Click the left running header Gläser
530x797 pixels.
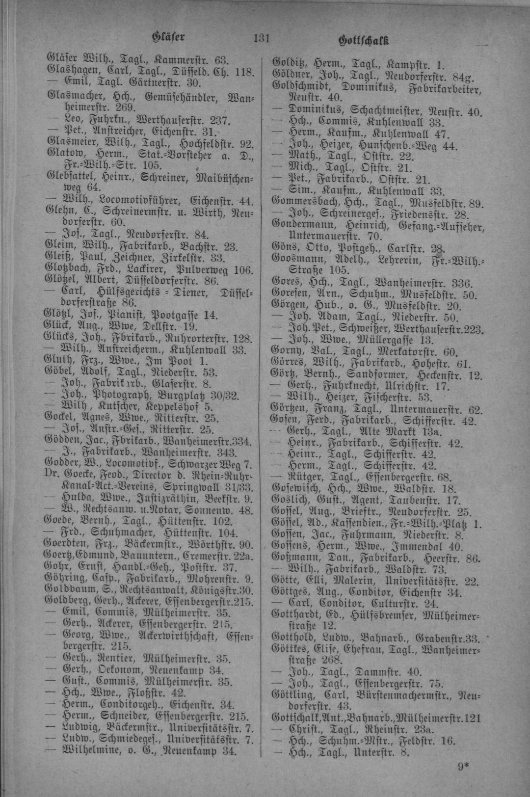168,37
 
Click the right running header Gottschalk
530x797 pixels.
364,40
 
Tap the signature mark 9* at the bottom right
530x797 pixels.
464,765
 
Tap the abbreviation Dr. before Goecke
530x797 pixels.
51,475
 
